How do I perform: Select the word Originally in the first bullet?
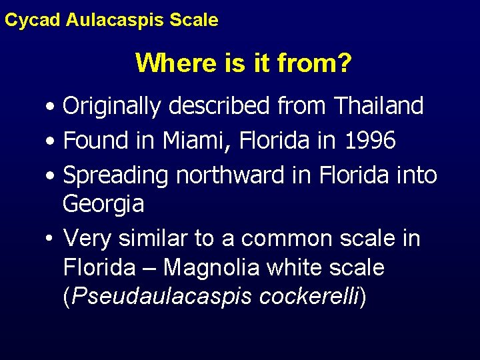[115, 105]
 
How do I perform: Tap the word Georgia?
[103, 204]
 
